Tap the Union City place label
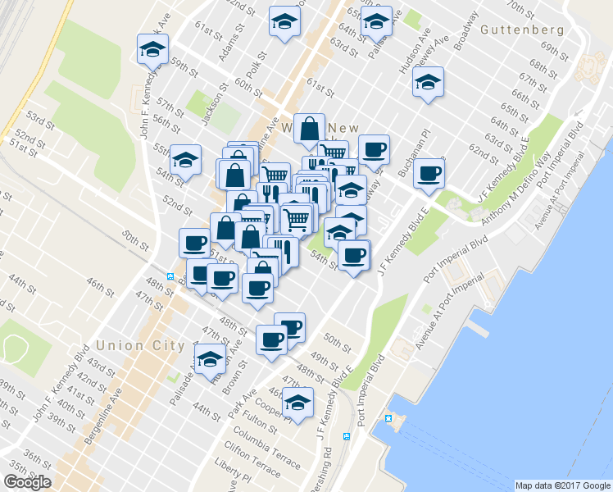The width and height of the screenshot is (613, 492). point(139,345)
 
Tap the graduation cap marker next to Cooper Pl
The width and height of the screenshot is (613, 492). point(298,403)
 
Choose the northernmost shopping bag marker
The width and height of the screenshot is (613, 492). point(309,129)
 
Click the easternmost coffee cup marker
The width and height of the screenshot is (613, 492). point(429,173)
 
